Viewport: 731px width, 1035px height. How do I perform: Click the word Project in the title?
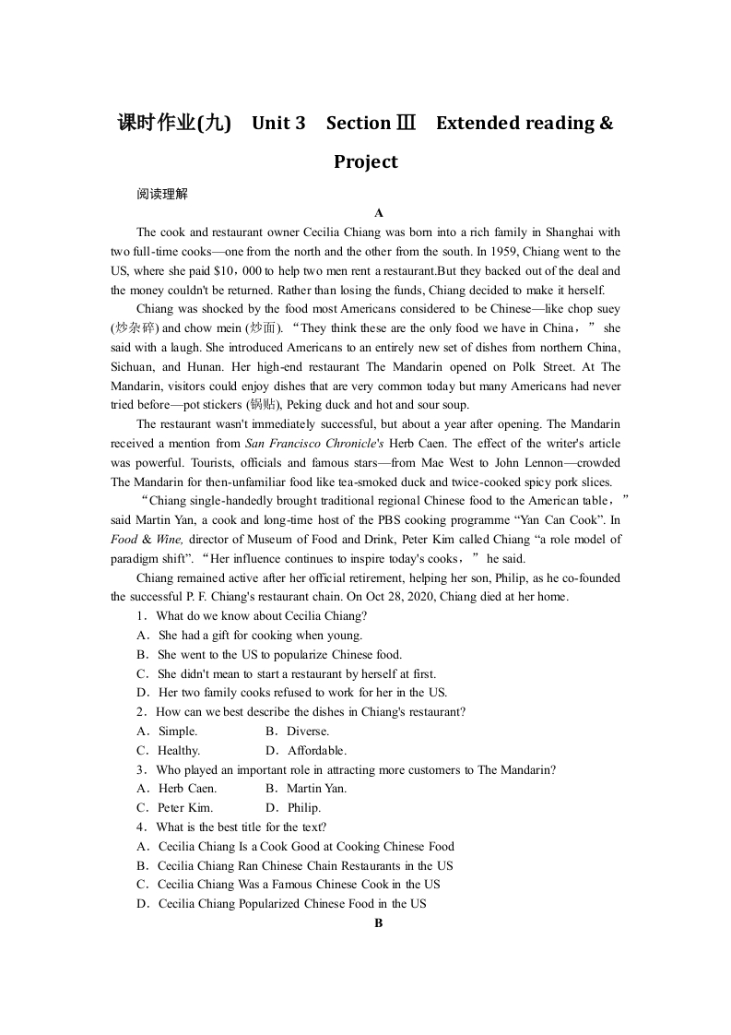click(x=365, y=162)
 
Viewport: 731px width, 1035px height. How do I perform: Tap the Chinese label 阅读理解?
click(x=161, y=194)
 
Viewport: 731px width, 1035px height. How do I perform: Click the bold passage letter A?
click(x=378, y=213)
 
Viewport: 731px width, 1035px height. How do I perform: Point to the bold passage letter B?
click(x=378, y=923)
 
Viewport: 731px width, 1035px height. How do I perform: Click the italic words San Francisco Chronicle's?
click(x=306, y=444)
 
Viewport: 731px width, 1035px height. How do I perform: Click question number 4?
click(x=141, y=827)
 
